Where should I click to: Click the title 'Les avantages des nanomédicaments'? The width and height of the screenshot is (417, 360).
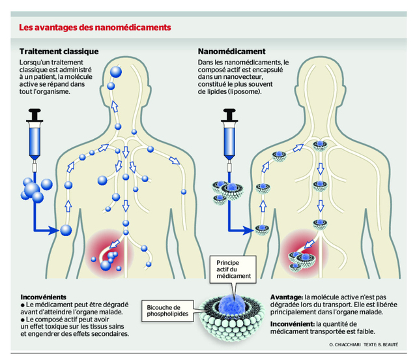coord(95,28)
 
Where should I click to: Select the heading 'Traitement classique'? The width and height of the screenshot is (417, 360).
coord(59,51)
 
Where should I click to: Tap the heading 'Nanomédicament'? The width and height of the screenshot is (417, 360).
coord(231,51)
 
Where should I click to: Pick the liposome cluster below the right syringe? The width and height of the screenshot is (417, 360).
coord(225,190)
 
